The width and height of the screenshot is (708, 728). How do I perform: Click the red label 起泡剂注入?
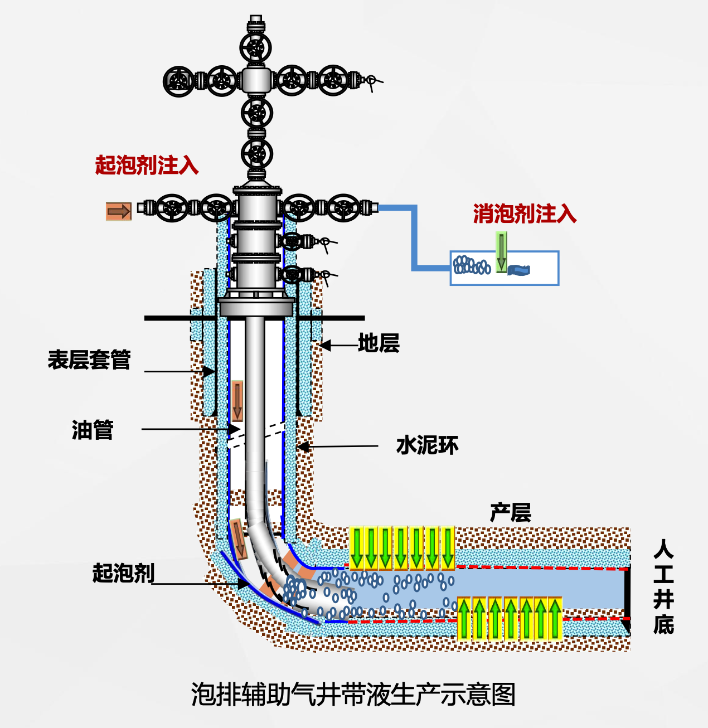click(147, 165)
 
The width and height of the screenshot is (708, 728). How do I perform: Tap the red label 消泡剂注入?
click(524, 213)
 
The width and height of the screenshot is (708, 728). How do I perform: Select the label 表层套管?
click(89, 360)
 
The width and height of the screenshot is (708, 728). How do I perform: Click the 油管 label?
click(93, 430)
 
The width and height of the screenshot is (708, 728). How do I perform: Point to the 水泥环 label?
click(427, 445)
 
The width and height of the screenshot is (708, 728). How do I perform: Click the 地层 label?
click(379, 343)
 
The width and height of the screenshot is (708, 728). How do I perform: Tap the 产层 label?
click(510, 512)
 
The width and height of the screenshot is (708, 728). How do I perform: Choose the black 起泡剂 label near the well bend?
click(123, 572)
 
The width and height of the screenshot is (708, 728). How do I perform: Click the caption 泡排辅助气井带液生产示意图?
click(353, 695)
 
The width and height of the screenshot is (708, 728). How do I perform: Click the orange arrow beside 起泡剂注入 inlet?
click(119, 211)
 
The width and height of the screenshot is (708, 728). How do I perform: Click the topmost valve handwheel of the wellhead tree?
click(256, 48)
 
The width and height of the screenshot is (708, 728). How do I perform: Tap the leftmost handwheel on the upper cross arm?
click(179, 81)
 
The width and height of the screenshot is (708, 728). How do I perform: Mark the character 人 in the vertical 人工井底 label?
click(663, 549)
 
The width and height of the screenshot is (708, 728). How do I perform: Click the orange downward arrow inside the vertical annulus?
click(237, 401)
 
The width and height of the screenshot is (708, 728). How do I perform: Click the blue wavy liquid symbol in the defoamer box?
click(519, 270)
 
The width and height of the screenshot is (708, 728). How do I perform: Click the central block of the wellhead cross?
click(256, 80)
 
